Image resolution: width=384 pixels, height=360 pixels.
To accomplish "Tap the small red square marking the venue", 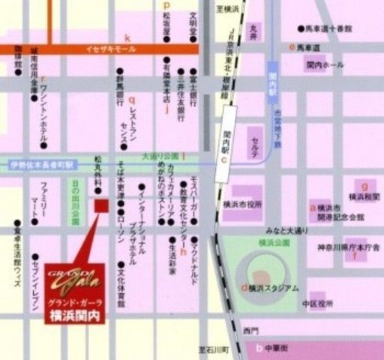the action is [x=101, y=205].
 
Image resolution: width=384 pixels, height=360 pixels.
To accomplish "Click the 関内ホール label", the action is [x=324, y=65].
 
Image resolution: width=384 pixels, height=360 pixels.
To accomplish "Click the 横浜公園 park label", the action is [x=272, y=243].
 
